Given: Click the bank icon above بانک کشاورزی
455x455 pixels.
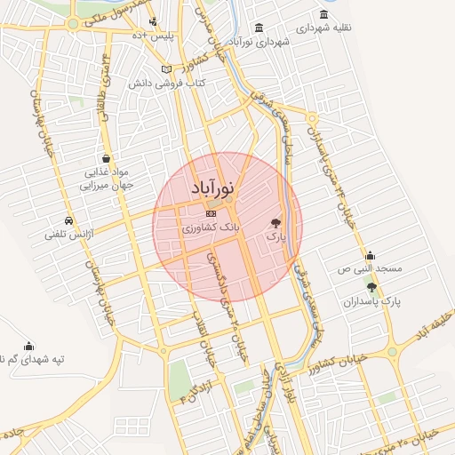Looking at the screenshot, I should pyautogui.click(x=211, y=214).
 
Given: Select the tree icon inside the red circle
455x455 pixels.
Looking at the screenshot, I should pyautogui.click(x=275, y=223).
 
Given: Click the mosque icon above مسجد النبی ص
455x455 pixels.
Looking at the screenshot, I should pyautogui.click(x=370, y=255).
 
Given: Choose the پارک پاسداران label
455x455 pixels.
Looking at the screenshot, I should pyautogui.click(x=372, y=301).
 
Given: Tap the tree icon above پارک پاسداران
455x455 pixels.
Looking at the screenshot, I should pyautogui.click(x=371, y=286).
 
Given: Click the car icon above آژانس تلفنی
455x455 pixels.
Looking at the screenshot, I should pyautogui.click(x=68, y=220).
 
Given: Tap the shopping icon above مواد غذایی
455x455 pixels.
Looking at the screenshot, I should pyautogui.click(x=106, y=157).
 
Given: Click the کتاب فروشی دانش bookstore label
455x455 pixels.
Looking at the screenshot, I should pyautogui.click(x=181, y=83).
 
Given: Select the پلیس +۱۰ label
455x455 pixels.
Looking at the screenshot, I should pyautogui.click(x=158, y=35).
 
